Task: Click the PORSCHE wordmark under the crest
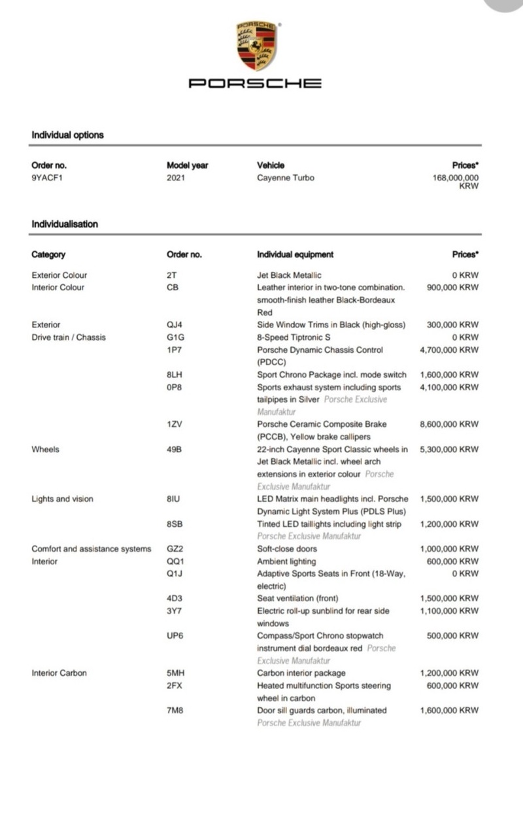pyautogui.click(x=255, y=83)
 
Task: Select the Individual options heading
pyautogui.click(x=67, y=135)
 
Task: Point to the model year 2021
pyautogui.click(x=176, y=177)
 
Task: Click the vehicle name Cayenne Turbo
pyautogui.click(x=286, y=177)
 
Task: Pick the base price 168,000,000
pyautogui.click(x=456, y=177)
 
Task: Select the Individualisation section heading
pyautogui.click(x=65, y=224)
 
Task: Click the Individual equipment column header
pyautogui.click(x=295, y=254)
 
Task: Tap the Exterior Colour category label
pyautogui.click(x=59, y=275)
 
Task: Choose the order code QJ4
pyautogui.click(x=174, y=325)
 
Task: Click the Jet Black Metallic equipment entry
pyautogui.click(x=289, y=275)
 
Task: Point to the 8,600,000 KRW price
pyautogui.click(x=449, y=424)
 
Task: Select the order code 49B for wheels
pyautogui.click(x=175, y=449)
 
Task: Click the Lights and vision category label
pyautogui.click(x=62, y=499)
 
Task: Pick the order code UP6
pyautogui.click(x=175, y=635)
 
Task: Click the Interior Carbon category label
pyautogui.click(x=59, y=673)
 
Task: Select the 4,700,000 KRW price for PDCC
pyautogui.click(x=449, y=350)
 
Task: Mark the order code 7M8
pyautogui.click(x=175, y=710)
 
